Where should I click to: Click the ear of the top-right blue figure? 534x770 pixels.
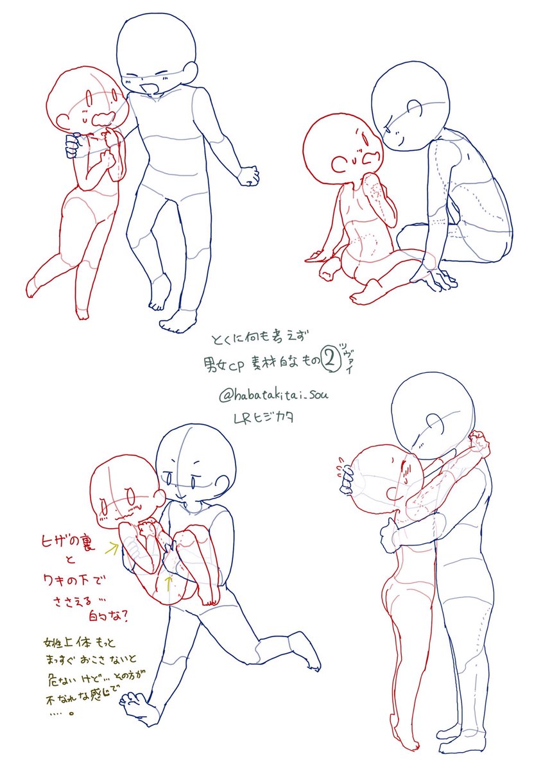417,109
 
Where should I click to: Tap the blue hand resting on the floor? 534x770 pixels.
436,278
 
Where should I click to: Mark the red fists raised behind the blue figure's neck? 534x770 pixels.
478,441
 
